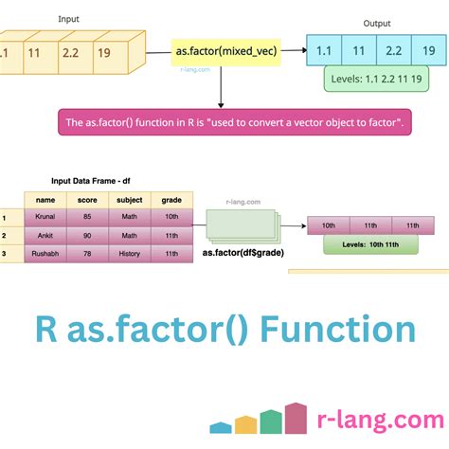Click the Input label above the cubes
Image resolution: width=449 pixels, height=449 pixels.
69,18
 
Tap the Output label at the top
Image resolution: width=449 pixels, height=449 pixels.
376,23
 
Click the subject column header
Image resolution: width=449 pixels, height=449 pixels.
129,200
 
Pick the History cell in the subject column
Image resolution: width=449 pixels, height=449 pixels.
129,254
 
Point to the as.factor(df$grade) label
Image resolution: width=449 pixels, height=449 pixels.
243,252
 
